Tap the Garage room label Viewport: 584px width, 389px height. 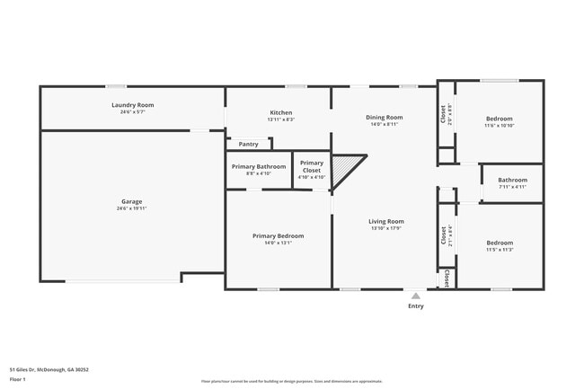point(131,201)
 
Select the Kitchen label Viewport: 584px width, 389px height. point(280,112)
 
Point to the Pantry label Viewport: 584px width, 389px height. point(248,144)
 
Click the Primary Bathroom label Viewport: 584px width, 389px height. point(259,166)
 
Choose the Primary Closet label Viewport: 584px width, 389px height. point(311,166)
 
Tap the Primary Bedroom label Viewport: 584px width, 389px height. point(278,235)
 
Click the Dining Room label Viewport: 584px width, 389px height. point(384,117)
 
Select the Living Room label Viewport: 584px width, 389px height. point(386,221)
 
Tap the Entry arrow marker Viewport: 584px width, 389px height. point(415,295)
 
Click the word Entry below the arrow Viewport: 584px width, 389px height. point(415,306)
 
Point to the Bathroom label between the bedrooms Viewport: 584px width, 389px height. point(512,180)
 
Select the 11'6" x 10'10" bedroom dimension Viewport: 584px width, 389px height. point(500,126)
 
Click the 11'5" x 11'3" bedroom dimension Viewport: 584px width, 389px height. point(500,250)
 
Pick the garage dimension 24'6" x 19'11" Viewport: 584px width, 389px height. point(131,208)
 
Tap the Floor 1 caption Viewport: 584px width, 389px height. point(18,380)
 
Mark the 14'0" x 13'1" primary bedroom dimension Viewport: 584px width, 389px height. point(278,243)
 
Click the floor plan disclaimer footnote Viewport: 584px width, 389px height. point(291,382)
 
